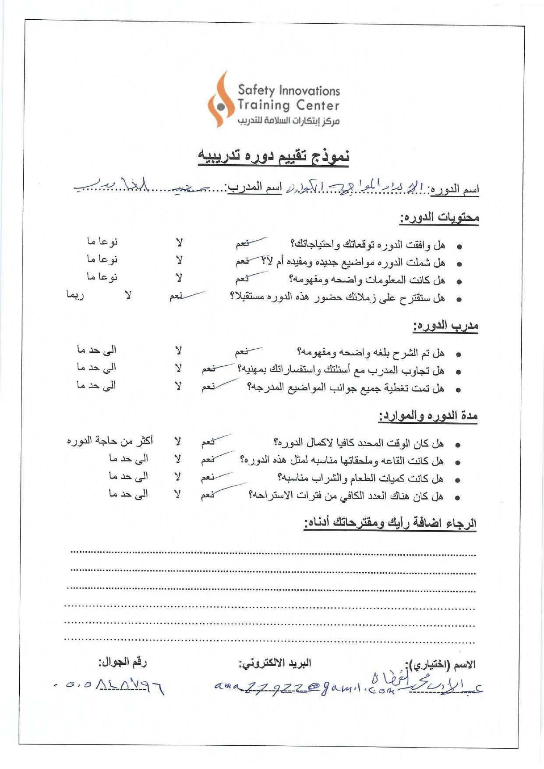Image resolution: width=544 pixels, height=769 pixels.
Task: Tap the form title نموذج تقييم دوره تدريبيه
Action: point(273,156)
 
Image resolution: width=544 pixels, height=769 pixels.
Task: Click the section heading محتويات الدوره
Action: point(439,217)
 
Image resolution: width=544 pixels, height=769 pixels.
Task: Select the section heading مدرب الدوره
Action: point(445,326)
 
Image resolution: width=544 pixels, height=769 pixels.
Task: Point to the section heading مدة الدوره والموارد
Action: point(428,415)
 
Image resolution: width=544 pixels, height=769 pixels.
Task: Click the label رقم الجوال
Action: point(122,662)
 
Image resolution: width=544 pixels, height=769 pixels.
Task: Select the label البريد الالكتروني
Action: point(275,663)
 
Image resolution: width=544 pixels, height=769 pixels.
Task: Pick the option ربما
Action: point(75,295)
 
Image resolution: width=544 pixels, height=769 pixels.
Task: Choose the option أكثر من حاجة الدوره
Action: point(110,440)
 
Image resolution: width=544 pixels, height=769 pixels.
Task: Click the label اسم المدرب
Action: point(254,188)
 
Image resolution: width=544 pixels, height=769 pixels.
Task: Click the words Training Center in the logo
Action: point(288,105)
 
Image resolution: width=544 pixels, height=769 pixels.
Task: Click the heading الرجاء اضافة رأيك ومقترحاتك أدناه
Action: point(390,523)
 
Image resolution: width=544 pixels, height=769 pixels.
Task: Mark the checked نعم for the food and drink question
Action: point(208,478)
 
